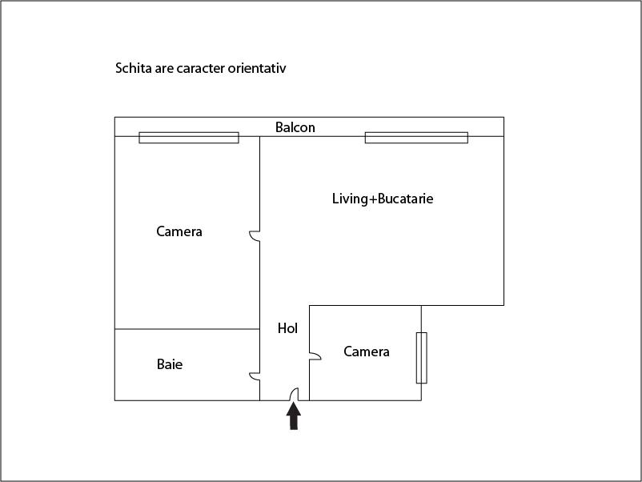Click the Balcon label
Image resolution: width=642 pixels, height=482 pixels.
(x=295, y=127)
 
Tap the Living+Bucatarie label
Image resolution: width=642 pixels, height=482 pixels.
(x=383, y=199)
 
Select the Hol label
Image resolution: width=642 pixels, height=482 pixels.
(x=287, y=328)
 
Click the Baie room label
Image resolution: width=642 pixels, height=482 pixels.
(x=170, y=364)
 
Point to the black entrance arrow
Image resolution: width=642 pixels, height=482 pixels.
(x=294, y=416)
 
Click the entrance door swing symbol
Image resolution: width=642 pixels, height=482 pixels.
(x=294, y=395)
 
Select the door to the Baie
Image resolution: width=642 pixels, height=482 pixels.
(x=255, y=376)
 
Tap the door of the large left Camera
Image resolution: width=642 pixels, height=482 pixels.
(x=255, y=236)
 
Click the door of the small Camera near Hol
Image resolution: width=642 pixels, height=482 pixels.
(x=315, y=355)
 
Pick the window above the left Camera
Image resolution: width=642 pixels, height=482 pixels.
(x=189, y=138)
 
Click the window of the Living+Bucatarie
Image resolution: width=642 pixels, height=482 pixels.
(x=416, y=138)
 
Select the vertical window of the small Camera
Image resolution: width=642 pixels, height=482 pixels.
(x=421, y=358)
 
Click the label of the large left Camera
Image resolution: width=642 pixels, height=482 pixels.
(x=179, y=231)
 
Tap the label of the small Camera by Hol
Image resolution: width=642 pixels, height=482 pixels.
(x=367, y=351)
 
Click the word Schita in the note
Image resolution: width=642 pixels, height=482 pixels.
(x=134, y=68)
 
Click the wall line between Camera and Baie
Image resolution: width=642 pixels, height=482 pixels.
(x=187, y=329)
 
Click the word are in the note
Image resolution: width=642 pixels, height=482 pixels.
(x=164, y=68)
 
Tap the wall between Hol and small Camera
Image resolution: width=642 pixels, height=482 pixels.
(x=309, y=353)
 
